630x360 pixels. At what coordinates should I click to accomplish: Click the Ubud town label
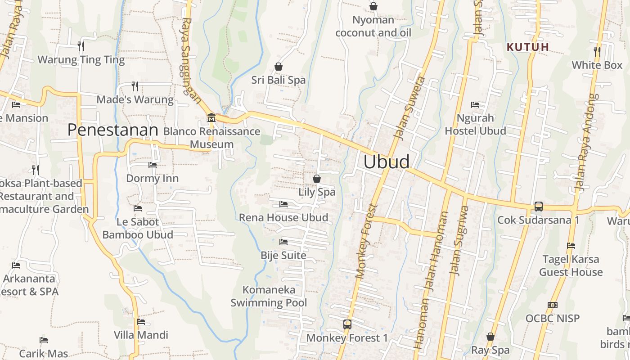(x=387, y=162)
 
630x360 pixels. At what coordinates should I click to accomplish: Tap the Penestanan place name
(x=113, y=130)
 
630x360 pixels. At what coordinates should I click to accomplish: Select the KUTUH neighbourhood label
(x=528, y=47)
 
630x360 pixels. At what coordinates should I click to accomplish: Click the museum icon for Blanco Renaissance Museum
(x=211, y=118)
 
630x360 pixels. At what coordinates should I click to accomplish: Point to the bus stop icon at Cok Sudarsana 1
(x=538, y=207)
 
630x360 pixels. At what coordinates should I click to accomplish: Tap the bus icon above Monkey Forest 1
(x=347, y=324)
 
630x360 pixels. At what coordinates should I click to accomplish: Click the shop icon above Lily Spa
(x=317, y=179)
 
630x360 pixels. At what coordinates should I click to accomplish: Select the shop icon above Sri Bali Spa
(x=279, y=67)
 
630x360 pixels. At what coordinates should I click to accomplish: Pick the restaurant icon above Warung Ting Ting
(x=81, y=46)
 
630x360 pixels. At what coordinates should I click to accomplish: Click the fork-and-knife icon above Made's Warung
(x=135, y=86)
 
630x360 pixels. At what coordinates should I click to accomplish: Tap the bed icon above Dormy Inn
(x=153, y=165)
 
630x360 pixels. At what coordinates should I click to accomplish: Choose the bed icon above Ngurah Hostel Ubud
(x=475, y=104)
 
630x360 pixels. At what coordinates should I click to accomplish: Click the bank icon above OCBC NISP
(x=553, y=305)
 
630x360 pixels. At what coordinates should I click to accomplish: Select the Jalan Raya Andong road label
(x=588, y=142)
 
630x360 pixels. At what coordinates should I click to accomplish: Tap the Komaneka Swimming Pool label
(x=269, y=296)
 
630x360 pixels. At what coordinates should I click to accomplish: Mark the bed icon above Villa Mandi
(x=141, y=322)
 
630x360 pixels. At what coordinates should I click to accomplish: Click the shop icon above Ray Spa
(x=490, y=337)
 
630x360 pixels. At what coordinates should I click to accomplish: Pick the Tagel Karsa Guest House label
(x=571, y=265)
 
